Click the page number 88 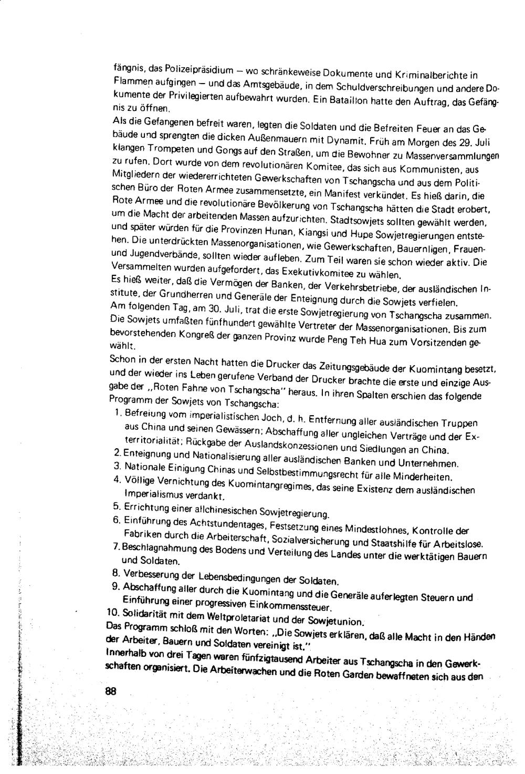point(110,692)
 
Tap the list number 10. point(113,613)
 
